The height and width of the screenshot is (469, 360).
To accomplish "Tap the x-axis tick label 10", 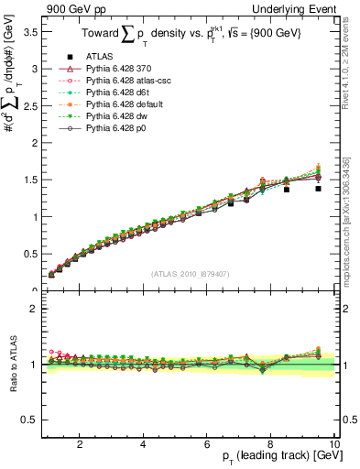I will (x=334, y=444).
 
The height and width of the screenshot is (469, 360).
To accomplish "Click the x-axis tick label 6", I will (x=207, y=444).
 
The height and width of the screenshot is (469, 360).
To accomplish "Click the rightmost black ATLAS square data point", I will (x=318, y=188).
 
